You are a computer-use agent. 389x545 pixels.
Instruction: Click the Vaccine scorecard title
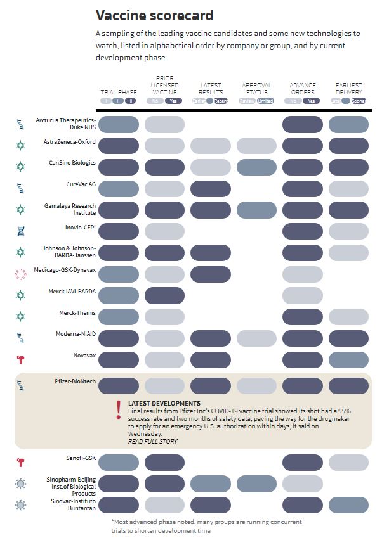click(154, 15)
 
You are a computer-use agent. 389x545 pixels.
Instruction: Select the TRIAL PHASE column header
click(119, 92)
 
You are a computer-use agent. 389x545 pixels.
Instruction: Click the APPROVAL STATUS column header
click(256, 88)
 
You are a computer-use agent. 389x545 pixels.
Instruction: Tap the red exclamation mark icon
click(118, 409)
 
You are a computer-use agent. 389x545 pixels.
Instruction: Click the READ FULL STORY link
click(153, 442)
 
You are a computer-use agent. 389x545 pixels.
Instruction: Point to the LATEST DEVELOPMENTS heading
click(164, 403)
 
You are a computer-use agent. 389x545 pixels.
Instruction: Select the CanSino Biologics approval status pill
click(256, 167)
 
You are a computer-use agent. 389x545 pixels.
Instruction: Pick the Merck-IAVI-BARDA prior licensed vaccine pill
click(164, 295)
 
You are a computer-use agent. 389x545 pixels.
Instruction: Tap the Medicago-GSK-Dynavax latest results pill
click(211, 274)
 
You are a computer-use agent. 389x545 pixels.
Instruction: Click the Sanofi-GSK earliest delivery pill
click(348, 463)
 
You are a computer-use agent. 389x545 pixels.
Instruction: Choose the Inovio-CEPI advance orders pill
click(302, 231)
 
